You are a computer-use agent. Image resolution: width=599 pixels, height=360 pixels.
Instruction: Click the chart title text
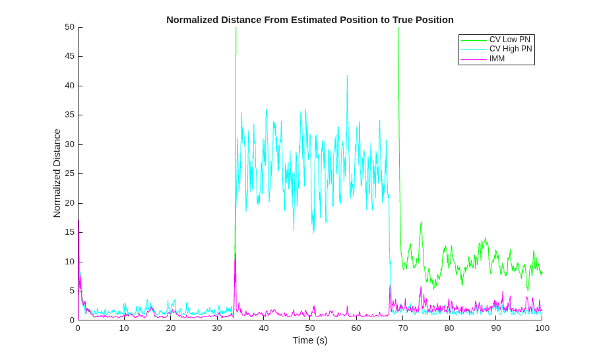(310, 20)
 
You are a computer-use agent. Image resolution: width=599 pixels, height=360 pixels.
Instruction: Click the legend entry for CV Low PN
(509, 40)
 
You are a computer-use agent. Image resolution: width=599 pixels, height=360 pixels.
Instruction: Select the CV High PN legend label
(511, 49)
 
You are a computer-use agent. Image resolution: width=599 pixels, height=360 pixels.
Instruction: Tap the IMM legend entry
(497, 59)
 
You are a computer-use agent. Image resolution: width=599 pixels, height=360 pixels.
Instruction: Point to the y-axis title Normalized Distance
(57, 173)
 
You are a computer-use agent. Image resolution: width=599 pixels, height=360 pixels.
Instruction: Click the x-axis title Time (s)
(310, 340)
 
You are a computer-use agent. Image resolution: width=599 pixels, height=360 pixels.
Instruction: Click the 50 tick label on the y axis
(69, 27)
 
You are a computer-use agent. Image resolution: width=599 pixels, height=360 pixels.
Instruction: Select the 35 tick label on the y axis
(69, 115)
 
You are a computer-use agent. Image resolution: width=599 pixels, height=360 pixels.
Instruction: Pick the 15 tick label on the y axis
(69, 232)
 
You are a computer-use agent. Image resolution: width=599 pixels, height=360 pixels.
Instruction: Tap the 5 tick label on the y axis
(72, 291)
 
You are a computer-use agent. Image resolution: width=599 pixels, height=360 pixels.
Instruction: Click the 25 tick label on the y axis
(69, 173)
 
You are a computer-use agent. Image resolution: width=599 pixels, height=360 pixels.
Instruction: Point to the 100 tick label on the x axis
(542, 328)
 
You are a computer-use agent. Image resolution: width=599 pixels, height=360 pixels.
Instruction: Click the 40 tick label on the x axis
(264, 328)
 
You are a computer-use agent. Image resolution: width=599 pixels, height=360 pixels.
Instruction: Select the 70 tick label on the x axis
(403, 328)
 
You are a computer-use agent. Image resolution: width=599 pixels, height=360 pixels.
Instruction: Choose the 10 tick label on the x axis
(124, 328)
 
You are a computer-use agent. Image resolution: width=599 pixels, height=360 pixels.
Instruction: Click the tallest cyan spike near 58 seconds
(347, 76)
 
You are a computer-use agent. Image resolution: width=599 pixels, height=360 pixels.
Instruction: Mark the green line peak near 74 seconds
(421, 222)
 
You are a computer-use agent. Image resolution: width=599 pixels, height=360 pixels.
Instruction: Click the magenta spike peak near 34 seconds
(236, 254)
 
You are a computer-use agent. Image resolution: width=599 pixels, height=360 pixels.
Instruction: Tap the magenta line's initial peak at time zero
(79, 221)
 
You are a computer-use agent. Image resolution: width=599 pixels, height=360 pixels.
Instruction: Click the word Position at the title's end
(435, 20)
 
